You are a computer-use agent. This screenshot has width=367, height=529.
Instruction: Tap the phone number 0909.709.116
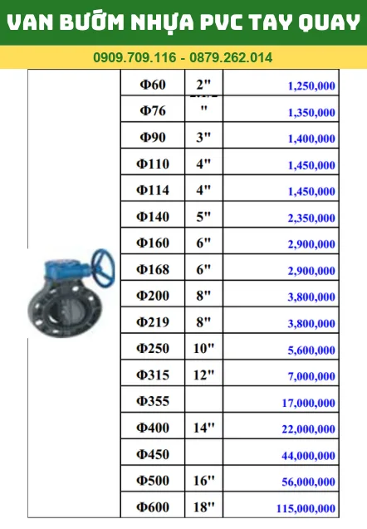[x=135, y=57]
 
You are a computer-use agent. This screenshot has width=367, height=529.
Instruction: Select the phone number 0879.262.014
[x=231, y=57]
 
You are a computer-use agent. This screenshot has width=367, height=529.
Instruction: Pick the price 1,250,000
[x=311, y=86]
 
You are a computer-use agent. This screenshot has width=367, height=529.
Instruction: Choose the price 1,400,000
[x=311, y=139]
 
